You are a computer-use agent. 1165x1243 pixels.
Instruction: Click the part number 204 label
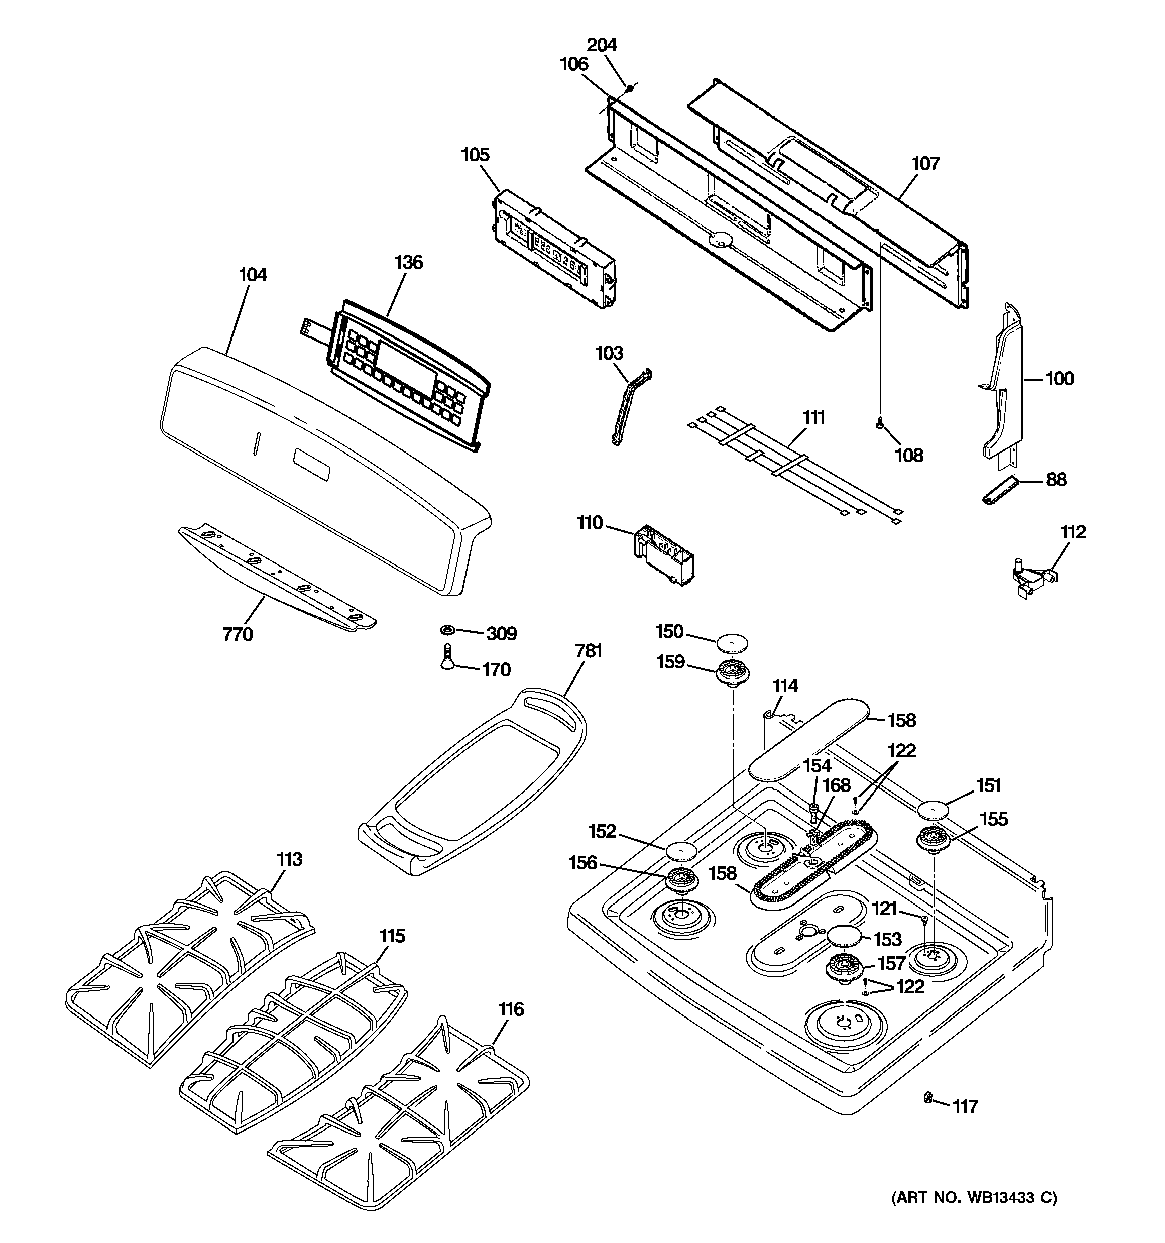(602, 45)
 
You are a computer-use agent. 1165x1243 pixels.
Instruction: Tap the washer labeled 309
(448, 628)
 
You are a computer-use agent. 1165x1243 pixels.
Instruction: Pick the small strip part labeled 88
(999, 488)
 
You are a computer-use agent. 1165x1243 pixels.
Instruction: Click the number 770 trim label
(238, 635)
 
